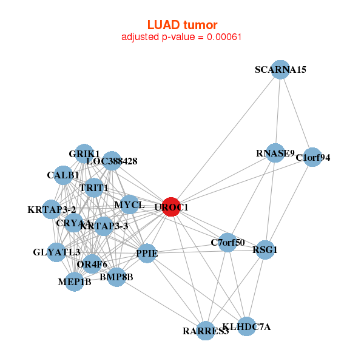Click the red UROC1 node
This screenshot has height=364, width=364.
click(x=171, y=207)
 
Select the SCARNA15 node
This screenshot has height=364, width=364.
click(x=280, y=70)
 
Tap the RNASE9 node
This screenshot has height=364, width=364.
click(x=275, y=153)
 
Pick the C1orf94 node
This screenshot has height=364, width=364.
click(x=312, y=158)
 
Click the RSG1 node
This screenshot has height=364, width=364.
click(x=265, y=249)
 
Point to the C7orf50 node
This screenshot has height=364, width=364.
click(x=227, y=243)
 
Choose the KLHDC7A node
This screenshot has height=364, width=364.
click(x=246, y=327)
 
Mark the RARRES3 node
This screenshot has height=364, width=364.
click(x=206, y=331)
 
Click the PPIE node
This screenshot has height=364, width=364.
click(x=147, y=253)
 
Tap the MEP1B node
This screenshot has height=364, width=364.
click(x=74, y=281)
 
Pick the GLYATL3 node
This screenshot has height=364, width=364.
click(x=56, y=252)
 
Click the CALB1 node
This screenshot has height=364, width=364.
click(x=63, y=175)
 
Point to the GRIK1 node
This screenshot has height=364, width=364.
click(x=84, y=153)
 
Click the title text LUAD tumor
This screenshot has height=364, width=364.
click(x=182, y=25)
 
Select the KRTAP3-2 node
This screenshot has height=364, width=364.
click(x=52, y=210)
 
